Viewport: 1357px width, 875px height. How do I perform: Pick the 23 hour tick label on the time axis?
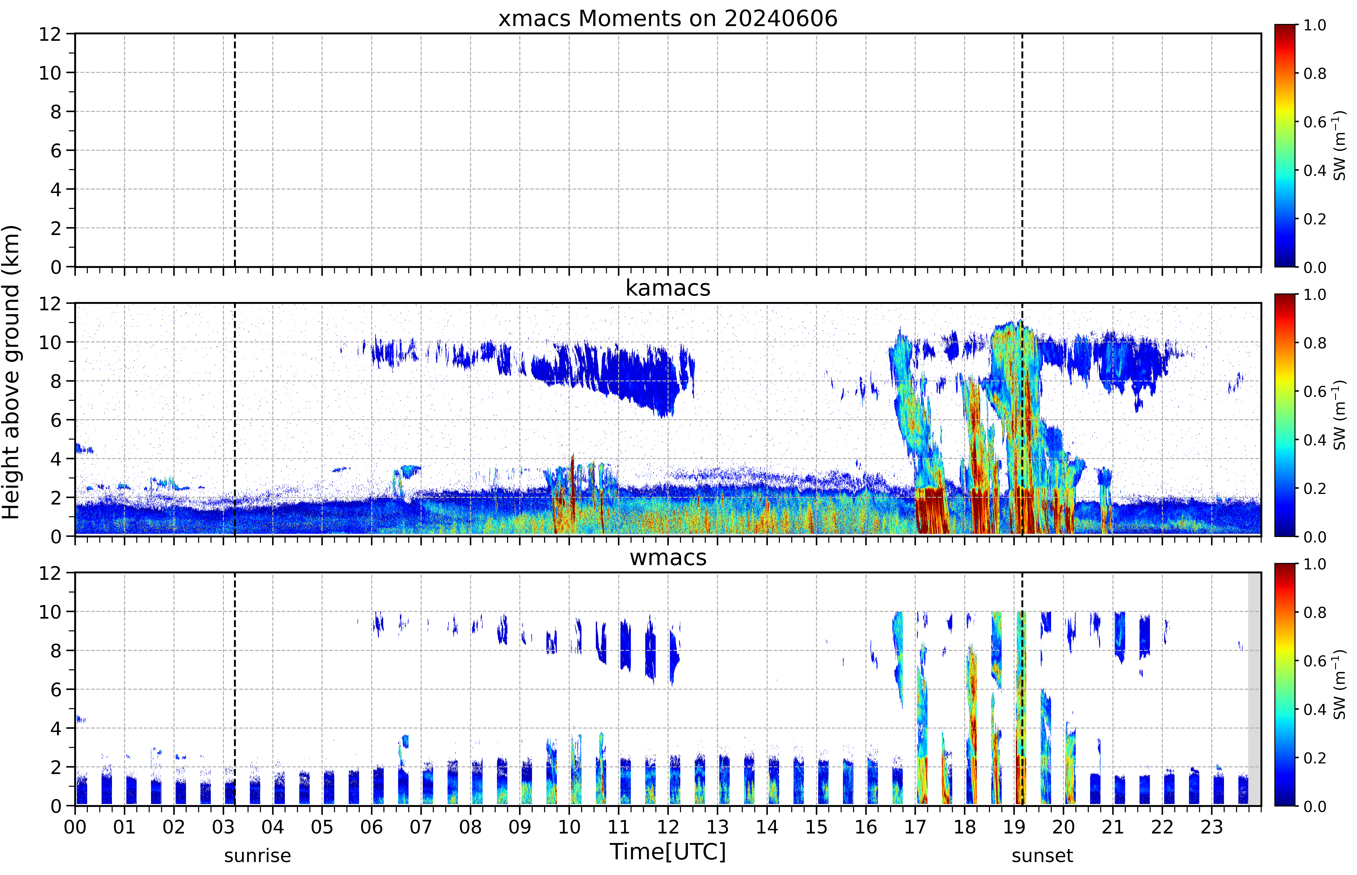(1212, 827)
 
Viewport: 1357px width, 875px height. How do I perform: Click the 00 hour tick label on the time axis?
(75, 827)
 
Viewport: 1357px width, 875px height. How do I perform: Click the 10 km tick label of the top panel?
(50, 73)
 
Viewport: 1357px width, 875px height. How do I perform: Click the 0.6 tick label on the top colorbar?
(1314, 122)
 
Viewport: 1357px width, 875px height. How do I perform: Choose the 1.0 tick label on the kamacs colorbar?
(1314, 295)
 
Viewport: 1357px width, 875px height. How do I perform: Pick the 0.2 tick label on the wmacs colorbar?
(1314, 758)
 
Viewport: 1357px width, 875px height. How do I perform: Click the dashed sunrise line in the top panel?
(235, 150)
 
